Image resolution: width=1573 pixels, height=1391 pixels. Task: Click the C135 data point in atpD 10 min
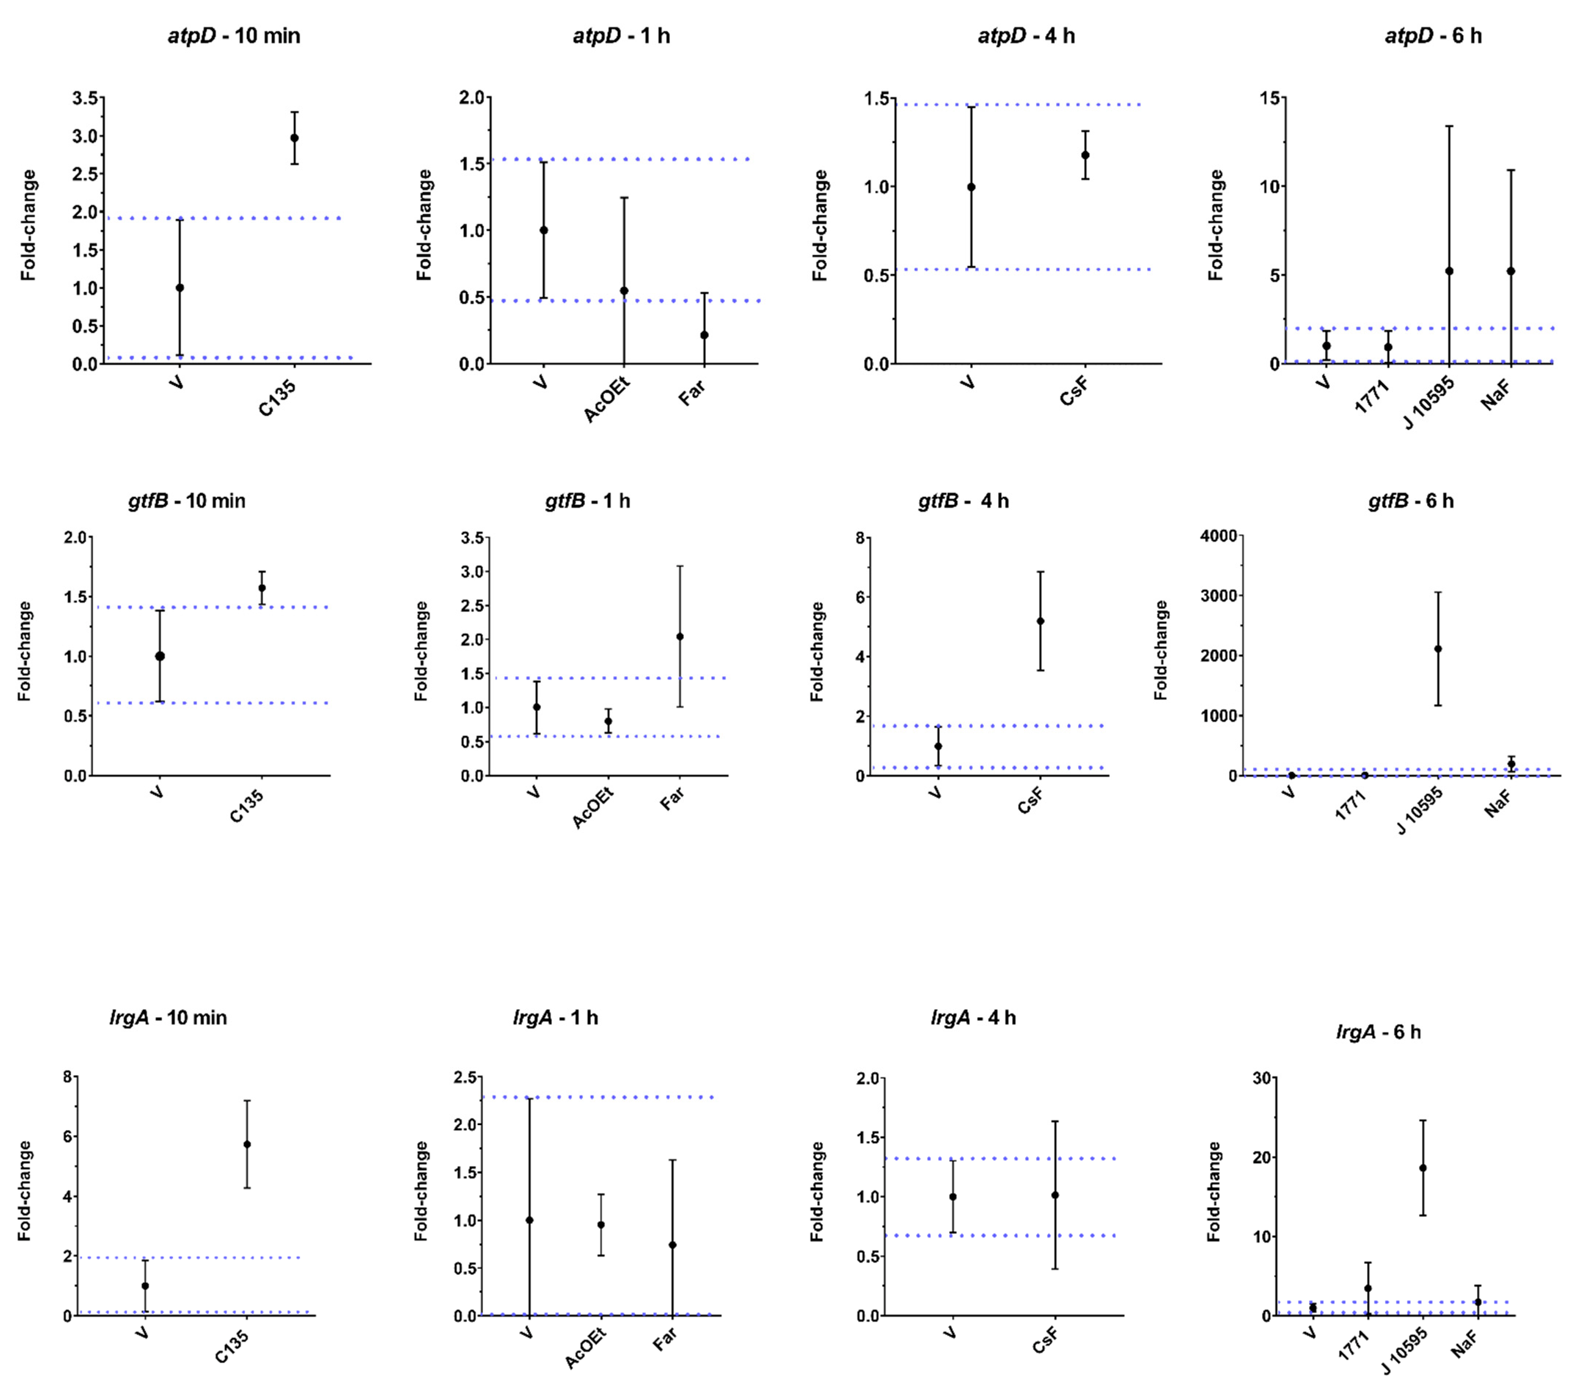coord(294,138)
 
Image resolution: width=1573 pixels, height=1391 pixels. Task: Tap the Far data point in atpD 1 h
coord(704,335)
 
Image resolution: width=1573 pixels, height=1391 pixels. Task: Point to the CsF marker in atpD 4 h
coord(1085,155)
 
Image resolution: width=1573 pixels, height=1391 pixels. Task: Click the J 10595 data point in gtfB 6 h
coord(1437,649)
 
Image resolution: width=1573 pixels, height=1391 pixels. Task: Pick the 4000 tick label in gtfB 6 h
coord(1218,536)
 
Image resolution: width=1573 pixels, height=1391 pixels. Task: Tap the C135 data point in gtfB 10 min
coord(262,588)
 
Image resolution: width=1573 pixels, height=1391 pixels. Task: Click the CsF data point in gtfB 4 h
coord(1040,621)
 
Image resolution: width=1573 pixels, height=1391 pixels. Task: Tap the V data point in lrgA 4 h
coord(953,1196)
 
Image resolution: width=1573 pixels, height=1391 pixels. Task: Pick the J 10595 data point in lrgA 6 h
coord(1423,1168)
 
